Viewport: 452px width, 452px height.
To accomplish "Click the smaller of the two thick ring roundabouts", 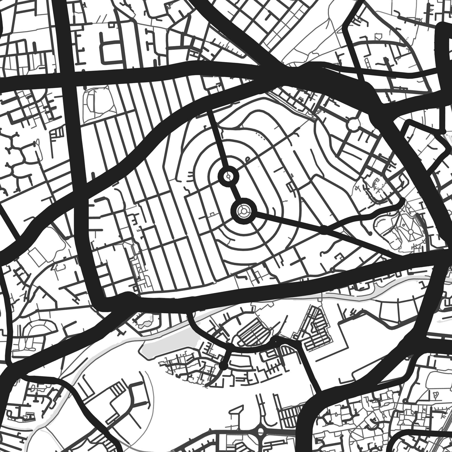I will pos(228,176).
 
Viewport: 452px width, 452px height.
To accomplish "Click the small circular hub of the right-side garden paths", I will pos(411,232).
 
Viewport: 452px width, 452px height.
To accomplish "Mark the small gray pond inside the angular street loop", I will pos(147,322).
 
